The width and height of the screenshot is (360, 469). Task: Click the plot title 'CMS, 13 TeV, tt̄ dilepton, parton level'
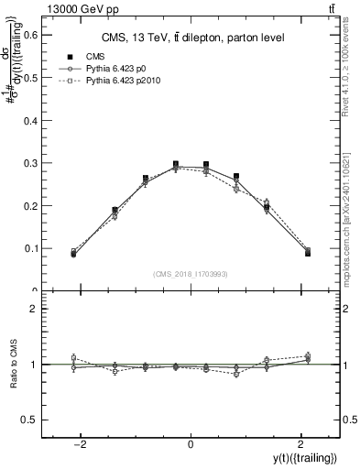191,38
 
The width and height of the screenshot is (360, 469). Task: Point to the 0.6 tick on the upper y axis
34,34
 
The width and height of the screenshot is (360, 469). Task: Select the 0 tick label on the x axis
191,443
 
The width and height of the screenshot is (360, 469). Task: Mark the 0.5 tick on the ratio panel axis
34,420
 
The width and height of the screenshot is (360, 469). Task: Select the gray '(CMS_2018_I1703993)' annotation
191,274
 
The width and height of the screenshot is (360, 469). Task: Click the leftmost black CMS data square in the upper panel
73,253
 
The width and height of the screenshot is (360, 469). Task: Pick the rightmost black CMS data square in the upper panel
308,253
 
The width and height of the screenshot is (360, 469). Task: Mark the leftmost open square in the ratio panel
73,358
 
